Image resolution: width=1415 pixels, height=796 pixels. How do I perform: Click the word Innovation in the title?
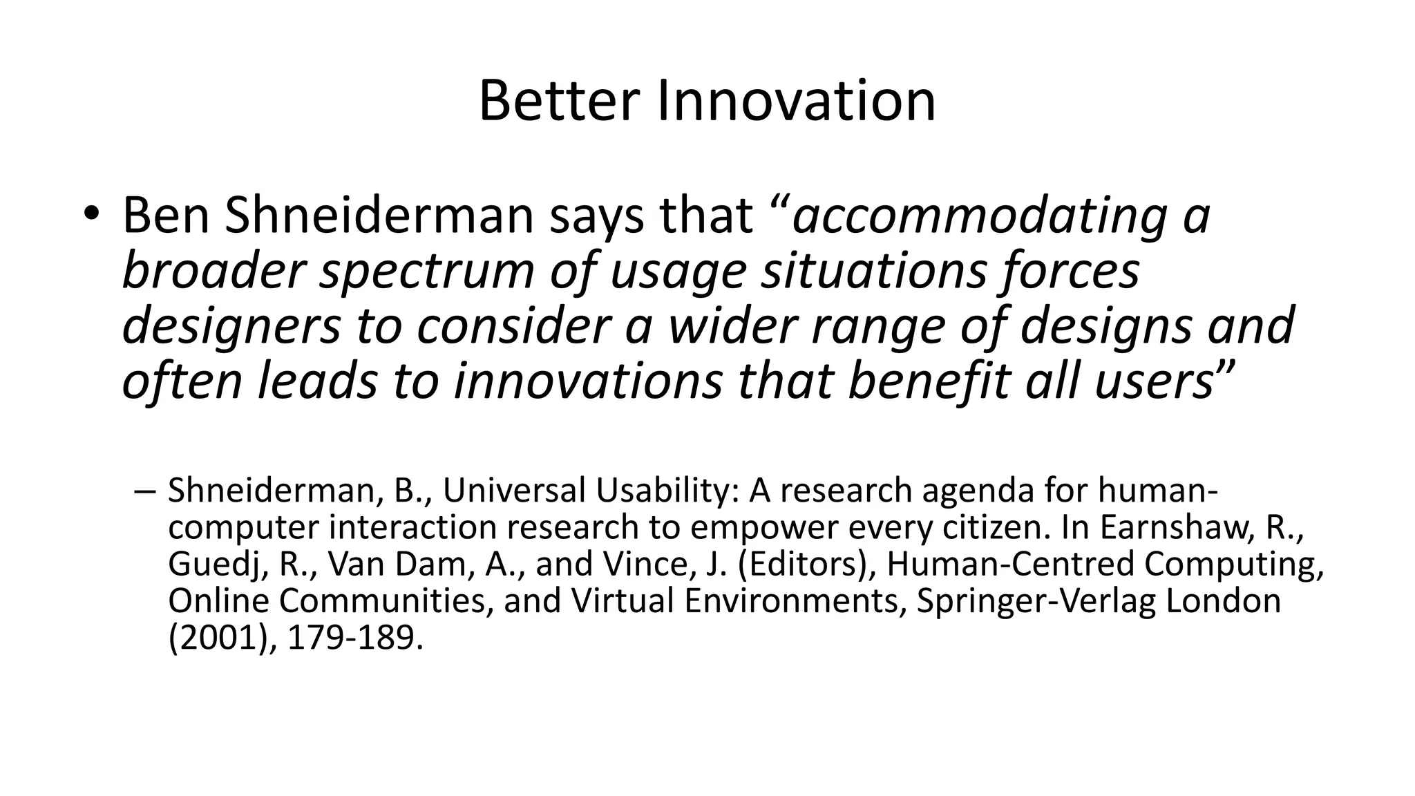(797, 102)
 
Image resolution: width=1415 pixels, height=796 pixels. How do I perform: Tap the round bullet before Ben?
(91, 213)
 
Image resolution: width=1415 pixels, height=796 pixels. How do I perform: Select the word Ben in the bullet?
(165, 215)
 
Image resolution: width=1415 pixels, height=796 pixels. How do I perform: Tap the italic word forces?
(1069, 270)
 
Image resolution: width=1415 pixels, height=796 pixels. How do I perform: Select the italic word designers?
(231, 327)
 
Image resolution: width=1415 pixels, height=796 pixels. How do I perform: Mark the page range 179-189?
(353, 638)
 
